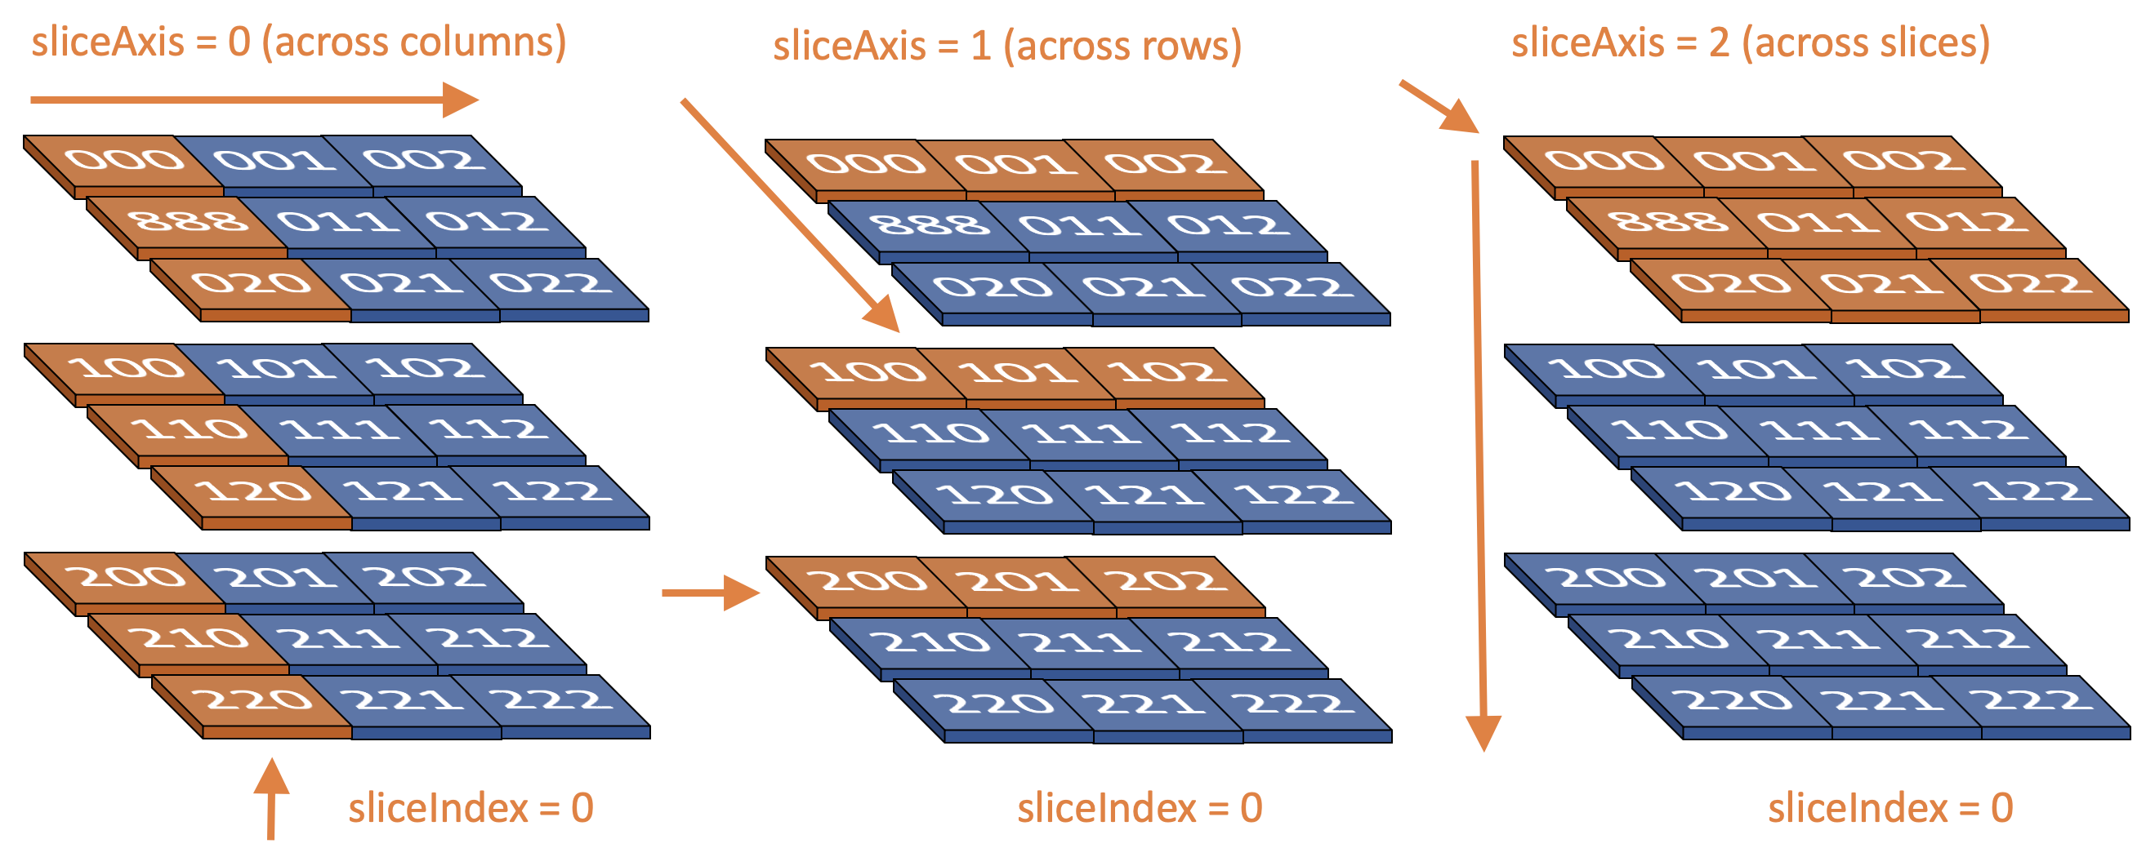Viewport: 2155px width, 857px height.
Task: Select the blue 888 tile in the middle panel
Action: click(930, 225)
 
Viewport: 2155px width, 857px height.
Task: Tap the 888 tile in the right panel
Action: click(1668, 221)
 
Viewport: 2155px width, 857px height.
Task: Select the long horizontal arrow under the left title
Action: click(251, 100)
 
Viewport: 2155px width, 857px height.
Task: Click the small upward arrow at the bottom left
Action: click(271, 798)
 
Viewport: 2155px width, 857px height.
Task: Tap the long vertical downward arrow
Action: click(1479, 451)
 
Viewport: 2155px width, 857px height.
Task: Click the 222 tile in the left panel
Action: click(551, 700)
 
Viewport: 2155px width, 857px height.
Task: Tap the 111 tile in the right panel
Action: click(1817, 430)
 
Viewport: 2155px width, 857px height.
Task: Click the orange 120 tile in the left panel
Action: click(252, 491)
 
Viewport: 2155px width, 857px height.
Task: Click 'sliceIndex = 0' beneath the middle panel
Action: click(1140, 809)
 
